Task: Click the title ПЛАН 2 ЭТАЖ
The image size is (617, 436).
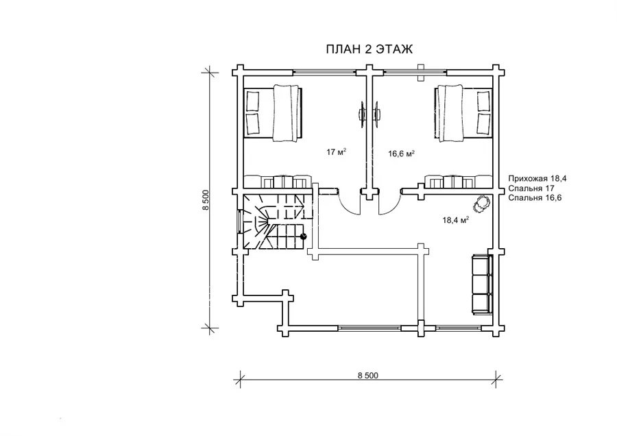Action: click(x=369, y=49)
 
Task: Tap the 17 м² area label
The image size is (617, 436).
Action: click(x=337, y=152)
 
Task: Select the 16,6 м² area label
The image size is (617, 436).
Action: click(x=401, y=154)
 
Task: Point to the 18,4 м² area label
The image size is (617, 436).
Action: click(x=456, y=220)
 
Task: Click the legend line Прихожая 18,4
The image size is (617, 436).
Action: click(x=537, y=179)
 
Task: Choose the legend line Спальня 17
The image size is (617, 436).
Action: click(x=531, y=188)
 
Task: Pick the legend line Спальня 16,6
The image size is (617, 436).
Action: click(x=535, y=197)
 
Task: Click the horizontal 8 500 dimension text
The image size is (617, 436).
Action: click(x=368, y=376)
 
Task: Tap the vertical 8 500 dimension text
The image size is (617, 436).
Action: click(x=206, y=200)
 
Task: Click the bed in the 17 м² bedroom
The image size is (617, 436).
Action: click(x=274, y=112)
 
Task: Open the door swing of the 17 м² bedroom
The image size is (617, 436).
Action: click(x=349, y=204)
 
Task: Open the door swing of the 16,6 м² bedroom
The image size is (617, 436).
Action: click(x=389, y=204)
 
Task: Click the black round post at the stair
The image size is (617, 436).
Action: click(x=304, y=237)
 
